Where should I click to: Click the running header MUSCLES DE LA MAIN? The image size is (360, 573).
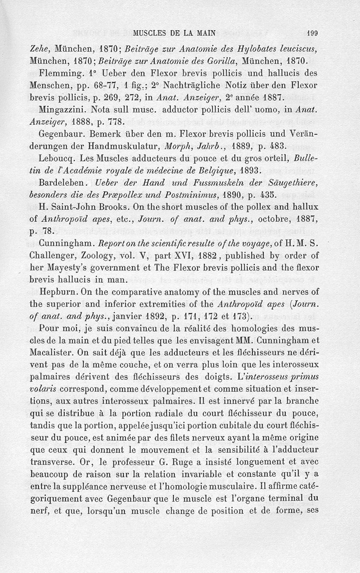pyautogui.click(x=175, y=32)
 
